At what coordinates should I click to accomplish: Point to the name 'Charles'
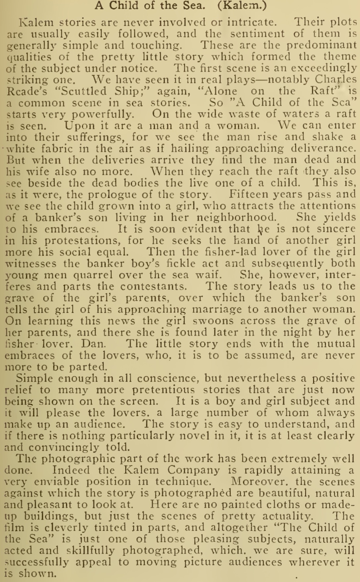pyautogui.click(x=336, y=80)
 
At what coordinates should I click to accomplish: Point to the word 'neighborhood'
pyautogui.click(x=236, y=218)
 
